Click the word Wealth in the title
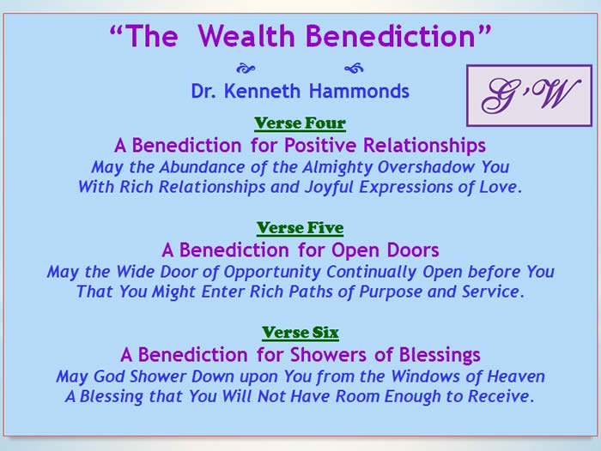[246, 36]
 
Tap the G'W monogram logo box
[529, 95]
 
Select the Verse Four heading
[300, 123]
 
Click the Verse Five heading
[300, 228]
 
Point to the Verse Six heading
[300, 333]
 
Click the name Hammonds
[359, 92]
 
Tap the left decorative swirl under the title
[246, 69]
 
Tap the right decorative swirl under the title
[354, 68]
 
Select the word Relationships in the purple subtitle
[424, 146]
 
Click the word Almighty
[337, 167]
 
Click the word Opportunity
[272, 272]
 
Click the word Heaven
[516, 376]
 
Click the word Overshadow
[426, 167]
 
